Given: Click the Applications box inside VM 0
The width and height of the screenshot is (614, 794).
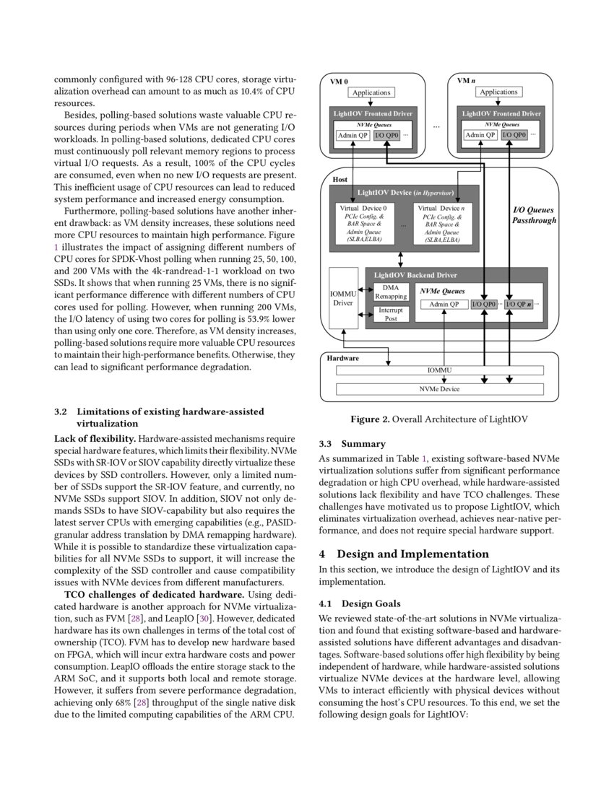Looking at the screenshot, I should click(x=371, y=92).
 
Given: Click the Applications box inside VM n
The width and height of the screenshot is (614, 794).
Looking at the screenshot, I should click(x=499, y=92).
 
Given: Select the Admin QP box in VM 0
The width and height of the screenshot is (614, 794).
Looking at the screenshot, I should click(x=352, y=135).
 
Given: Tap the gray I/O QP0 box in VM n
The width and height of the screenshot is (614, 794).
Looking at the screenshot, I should click(x=514, y=135).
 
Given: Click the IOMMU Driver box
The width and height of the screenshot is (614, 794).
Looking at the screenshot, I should click(x=342, y=298).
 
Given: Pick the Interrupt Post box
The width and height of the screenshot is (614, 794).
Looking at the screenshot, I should click(x=391, y=314).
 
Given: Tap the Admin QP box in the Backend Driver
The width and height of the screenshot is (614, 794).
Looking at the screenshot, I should click(x=444, y=304).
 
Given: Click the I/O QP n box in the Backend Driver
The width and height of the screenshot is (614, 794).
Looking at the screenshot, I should click(x=518, y=304).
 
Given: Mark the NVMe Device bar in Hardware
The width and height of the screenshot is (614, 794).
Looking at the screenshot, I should click(x=440, y=389).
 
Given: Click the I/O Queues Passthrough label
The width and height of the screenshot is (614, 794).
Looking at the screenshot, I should click(x=534, y=215).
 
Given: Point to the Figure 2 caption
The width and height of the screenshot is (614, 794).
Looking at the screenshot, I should click(x=439, y=419).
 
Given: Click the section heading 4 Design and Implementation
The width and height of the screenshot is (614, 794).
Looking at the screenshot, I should click(x=404, y=554).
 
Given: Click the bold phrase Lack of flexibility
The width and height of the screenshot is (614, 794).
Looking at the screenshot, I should click(x=95, y=439).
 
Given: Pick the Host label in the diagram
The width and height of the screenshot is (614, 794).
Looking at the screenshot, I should click(x=340, y=178).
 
